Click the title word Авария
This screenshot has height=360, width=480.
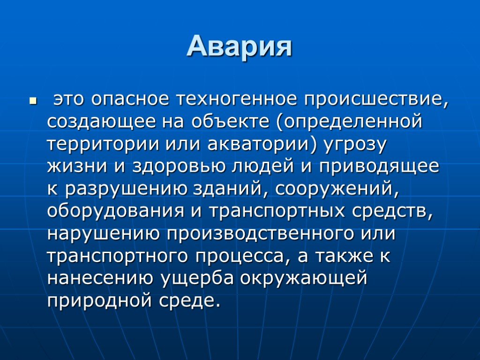[x=240, y=46]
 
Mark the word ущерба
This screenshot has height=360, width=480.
[x=197, y=278]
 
